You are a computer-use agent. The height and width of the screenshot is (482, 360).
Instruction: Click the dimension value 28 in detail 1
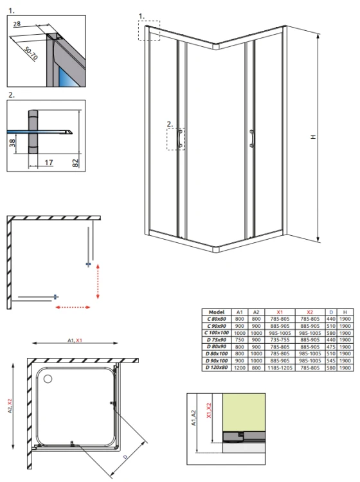coord(17,24)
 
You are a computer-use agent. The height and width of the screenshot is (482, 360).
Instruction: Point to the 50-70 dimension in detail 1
coord(31,53)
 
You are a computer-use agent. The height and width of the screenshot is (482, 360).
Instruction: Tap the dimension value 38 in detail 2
coord(12,143)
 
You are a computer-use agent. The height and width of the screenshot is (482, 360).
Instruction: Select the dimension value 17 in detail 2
coord(49,163)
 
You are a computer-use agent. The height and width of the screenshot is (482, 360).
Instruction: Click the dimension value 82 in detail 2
coord(75,163)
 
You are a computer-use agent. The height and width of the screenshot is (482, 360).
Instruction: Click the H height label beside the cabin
coord(313,137)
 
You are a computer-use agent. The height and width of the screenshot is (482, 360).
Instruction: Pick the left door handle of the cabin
coord(179,138)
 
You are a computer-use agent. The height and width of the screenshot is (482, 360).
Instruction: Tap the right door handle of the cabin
coord(252,138)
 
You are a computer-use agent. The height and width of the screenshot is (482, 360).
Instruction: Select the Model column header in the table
coord(217,312)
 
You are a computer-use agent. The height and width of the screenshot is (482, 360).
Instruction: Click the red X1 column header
coord(280,312)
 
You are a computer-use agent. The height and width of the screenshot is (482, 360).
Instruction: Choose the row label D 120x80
coord(217,368)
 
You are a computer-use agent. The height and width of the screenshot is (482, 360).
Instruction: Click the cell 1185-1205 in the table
coord(280,368)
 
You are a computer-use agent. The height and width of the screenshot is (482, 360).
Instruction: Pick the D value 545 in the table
coord(331,361)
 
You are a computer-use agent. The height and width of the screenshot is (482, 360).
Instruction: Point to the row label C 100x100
coord(217,333)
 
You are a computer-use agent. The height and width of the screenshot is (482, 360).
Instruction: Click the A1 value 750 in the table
coord(240,340)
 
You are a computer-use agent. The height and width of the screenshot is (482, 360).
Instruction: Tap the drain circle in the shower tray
coord(48,379)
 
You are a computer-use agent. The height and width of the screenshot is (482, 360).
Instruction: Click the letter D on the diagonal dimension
coord(125,457)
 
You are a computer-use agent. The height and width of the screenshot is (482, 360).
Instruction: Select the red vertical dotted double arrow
coord(98,281)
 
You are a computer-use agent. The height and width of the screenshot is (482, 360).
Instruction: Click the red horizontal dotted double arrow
coord(73,307)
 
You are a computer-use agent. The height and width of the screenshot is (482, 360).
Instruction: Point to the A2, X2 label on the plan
coord(10,406)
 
